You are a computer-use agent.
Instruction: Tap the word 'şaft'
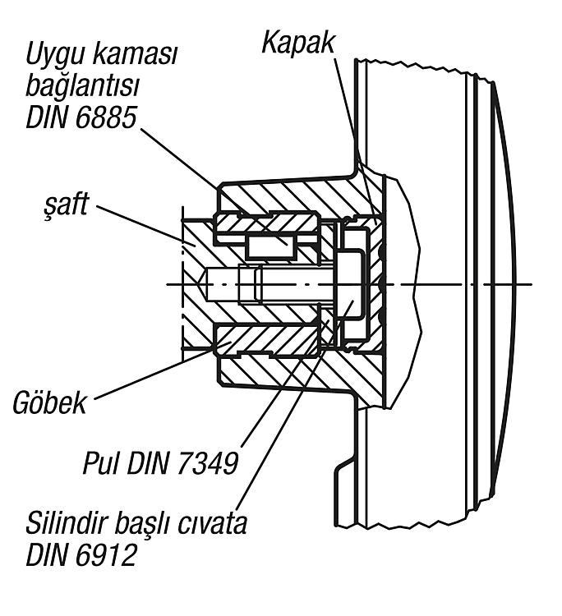click(66, 205)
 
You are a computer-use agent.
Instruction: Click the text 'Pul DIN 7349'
click(161, 464)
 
